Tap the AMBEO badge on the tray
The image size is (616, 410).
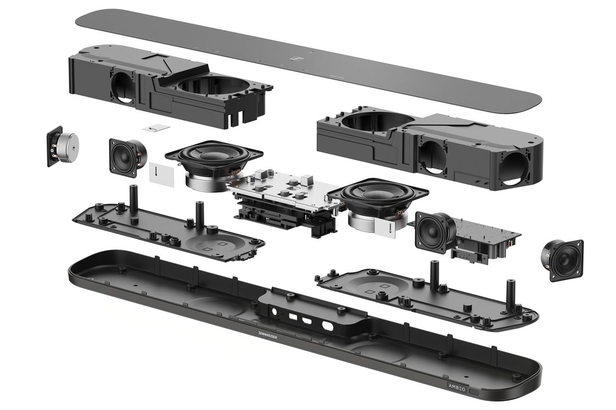(x=457, y=386)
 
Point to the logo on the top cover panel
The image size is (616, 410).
(x=298, y=59)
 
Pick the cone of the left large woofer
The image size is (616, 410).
(x=213, y=156)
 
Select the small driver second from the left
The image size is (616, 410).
(x=127, y=158)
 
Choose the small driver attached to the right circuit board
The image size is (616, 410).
(x=434, y=232)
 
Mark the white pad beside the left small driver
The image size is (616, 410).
(x=161, y=175)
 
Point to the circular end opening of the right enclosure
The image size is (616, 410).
(x=514, y=169)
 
